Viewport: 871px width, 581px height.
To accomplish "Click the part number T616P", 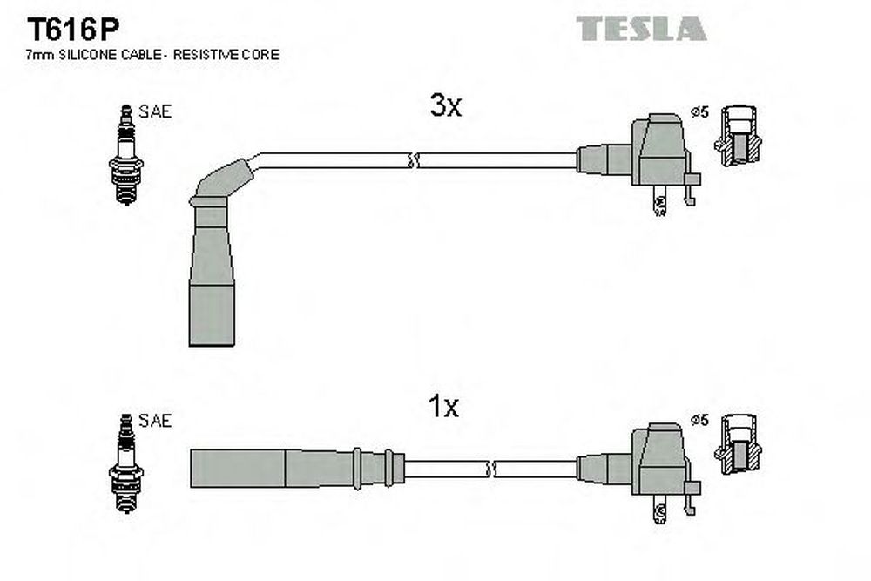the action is (73, 30).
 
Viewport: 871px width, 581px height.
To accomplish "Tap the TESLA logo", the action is (641, 29).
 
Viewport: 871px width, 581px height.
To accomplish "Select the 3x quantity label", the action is (445, 105).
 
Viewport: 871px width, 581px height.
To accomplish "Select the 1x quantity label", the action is (443, 406).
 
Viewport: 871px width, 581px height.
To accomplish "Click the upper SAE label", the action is (155, 111).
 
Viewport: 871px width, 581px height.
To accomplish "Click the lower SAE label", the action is (155, 421).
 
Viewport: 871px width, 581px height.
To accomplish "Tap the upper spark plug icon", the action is (126, 155).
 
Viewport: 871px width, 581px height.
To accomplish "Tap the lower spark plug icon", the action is (126, 463).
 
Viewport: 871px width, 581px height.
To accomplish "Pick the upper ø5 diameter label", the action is (700, 112).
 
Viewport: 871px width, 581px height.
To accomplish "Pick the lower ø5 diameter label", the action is (700, 420).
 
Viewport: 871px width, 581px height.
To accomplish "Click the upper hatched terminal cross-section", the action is (739, 136).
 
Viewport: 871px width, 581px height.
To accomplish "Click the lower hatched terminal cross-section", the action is (739, 444).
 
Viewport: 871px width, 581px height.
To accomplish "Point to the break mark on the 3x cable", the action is (412, 161).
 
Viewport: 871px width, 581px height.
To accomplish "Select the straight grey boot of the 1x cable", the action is (297, 469).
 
